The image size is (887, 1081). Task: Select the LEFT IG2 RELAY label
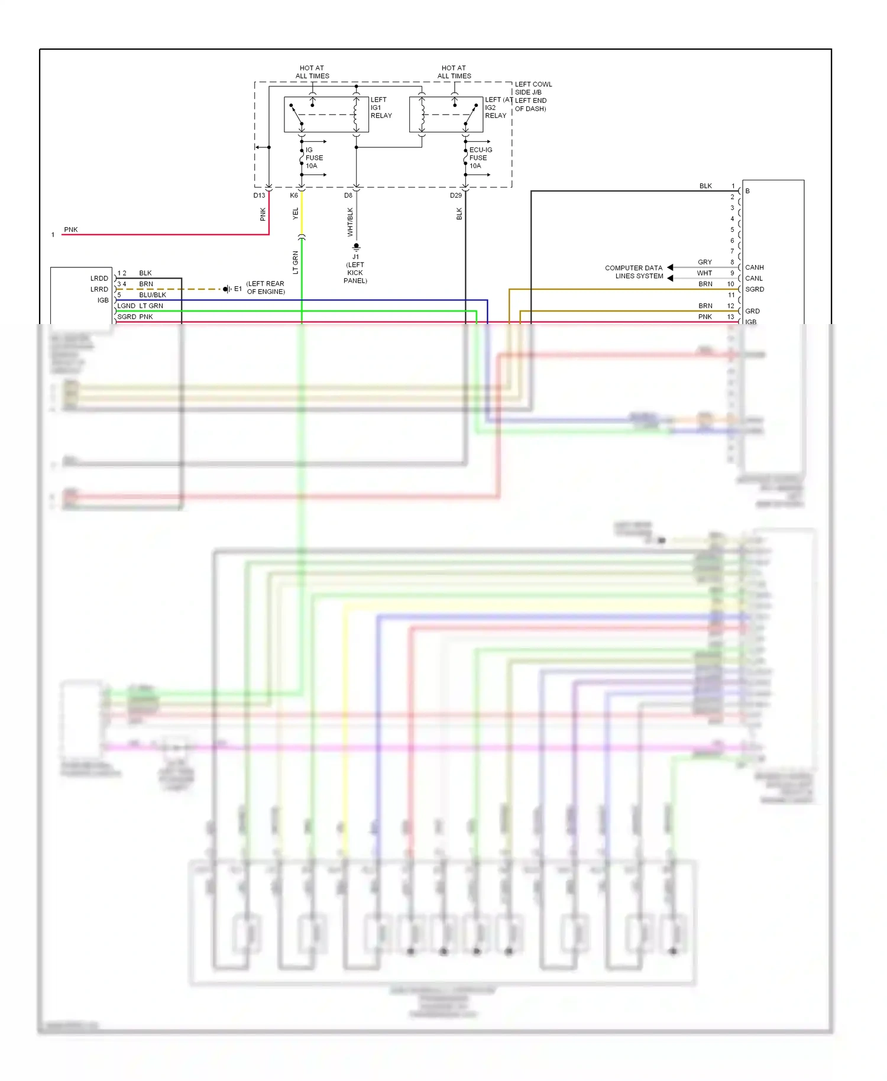click(x=496, y=108)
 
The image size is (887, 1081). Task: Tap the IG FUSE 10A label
click(x=313, y=158)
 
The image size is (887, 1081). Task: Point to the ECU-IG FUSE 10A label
click(x=480, y=158)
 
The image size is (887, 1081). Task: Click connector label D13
click(x=259, y=195)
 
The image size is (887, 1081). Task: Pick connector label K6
click(x=294, y=195)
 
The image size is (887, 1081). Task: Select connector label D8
click(x=348, y=195)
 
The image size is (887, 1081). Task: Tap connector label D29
click(x=455, y=195)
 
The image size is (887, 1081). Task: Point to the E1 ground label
click(x=238, y=289)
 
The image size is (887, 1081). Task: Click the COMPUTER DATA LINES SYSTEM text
click(x=633, y=272)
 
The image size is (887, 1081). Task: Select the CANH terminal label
click(x=754, y=267)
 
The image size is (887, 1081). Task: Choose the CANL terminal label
click(x=753, y=279)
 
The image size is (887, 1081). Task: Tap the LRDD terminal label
click(x=99, y=279)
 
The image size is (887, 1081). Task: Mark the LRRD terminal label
click(x=99, y=289)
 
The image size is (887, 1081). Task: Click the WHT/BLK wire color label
click(x=350, y=222)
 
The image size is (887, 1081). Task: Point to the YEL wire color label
click(x=296, y=214)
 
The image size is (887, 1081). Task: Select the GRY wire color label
click(x=704, y=262)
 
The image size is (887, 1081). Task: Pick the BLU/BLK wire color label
click(x=153, y=295)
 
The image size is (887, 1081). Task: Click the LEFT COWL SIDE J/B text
click(x=533, y=88)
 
